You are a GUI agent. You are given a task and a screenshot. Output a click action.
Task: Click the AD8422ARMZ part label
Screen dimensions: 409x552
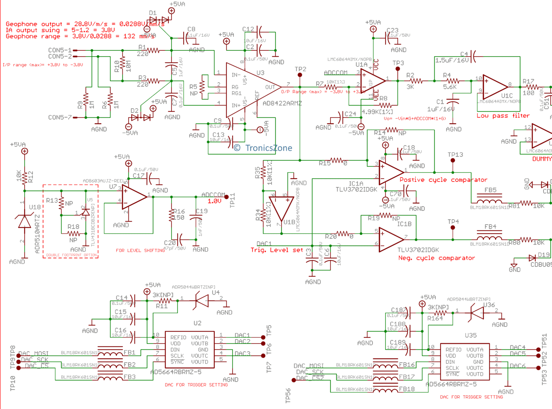tap(282, 103)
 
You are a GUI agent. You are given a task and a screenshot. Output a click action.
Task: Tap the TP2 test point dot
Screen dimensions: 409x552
tap(300, 75)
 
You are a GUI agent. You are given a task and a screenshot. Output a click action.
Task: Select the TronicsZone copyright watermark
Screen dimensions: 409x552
tap(263, 148)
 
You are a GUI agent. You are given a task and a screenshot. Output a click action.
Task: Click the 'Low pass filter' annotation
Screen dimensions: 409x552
tap(503, 115)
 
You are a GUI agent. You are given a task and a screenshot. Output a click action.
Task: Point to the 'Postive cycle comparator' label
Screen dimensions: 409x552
tap(443, 180)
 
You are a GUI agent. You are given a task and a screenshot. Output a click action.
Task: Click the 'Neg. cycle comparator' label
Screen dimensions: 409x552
tap(436, 258)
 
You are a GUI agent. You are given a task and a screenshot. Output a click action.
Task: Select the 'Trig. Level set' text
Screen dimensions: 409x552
tap(277, 250)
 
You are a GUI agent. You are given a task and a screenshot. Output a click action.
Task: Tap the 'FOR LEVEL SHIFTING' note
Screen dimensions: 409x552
tap(140, 250)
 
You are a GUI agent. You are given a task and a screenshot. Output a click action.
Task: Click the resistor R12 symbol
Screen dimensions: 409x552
tap(25, 177)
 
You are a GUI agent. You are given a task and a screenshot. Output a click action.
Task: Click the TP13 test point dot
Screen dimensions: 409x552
tap(453, 161)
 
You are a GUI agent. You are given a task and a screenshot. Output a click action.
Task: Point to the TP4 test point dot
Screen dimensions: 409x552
tap(453, 227)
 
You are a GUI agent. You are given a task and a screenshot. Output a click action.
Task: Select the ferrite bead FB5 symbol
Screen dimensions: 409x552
tap(489, 202)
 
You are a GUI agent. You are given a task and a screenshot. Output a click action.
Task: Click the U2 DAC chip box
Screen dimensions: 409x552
tap(190, 349)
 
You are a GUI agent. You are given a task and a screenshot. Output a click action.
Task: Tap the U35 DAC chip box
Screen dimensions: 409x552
tap(464, 362)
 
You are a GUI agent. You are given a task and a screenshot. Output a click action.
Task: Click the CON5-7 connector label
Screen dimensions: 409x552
tap(60, 118)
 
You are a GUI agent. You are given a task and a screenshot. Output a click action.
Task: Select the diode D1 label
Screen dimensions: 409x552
tap(153, 13)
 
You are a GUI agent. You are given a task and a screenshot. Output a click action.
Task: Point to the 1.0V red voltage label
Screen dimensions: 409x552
tap(215, 201)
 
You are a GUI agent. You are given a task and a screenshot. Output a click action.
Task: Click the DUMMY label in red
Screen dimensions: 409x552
tap(542, 159)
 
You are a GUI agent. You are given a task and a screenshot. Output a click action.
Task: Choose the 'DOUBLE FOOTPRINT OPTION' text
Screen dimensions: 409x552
tap(71, 255)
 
